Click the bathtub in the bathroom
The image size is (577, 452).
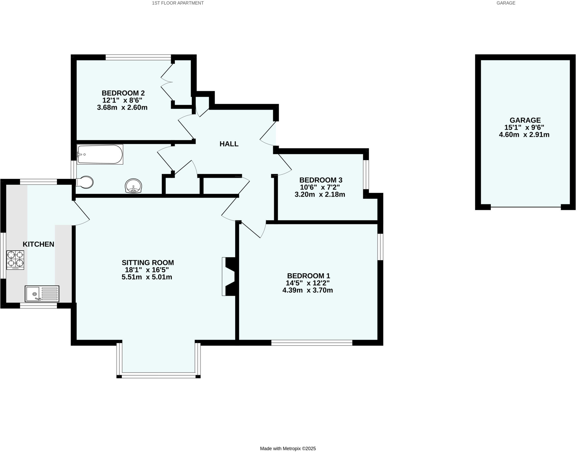tap(100, 154)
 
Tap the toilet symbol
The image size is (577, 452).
tap(85, 182)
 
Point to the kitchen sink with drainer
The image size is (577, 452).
tap(42, 294)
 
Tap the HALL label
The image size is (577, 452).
tap(229, 144)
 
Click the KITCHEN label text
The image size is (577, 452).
tap(38, 244)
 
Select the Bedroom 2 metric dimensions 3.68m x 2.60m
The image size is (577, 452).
tap(122, 108)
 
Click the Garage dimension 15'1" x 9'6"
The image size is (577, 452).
tap(524, 127)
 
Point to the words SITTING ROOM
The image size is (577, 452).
tap(148, 262)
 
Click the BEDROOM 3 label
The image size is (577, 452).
tap(321, 180)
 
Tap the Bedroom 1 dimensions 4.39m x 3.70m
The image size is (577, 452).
tap(307, 290)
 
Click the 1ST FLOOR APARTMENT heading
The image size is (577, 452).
tap(177, 3)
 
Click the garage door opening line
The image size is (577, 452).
tap(525, 207)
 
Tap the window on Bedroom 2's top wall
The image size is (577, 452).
tap(138, 57)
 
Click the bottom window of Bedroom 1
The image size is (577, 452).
tap(312, 343)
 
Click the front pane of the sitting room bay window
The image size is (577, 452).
tap(158, 376)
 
